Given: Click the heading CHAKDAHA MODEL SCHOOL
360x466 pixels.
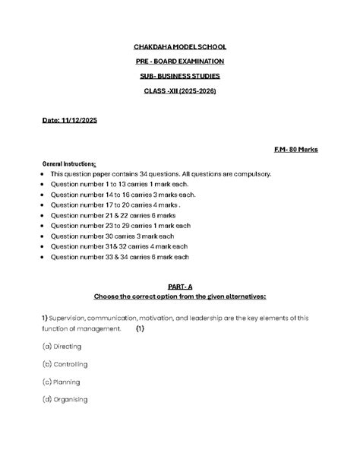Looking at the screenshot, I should (180, 46).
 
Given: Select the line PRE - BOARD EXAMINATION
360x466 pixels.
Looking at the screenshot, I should (180, 61).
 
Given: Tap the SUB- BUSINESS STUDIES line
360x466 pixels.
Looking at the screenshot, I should (180, 75).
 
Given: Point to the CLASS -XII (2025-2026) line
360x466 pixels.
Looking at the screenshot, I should (180, 90).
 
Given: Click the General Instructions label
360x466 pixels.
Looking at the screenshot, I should (69, 163).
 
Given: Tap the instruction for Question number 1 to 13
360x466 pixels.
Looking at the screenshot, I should (119, 184).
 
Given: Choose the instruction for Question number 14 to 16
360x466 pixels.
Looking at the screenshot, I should (123, 195).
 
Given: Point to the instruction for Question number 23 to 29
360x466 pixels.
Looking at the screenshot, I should (121, 226).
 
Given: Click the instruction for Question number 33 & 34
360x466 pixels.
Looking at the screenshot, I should (119, 257).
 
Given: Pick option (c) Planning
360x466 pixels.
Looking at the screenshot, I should (62, 382).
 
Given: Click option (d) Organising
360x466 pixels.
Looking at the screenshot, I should (65, 399).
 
